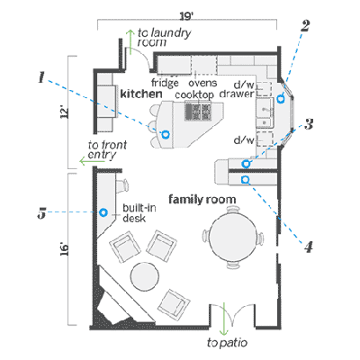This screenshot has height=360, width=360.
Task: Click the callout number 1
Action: click(x=41, y=77)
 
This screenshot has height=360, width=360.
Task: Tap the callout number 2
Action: click(x=304, y=26)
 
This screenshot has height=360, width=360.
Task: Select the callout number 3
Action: click(x=309, y=124)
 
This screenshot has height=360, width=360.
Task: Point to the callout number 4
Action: click(x=309, y=247)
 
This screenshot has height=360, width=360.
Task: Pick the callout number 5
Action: click(x=41, y=213)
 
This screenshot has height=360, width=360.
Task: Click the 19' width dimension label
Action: click(x=186, y=16)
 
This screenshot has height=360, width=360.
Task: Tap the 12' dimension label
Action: click(x=65, y=112)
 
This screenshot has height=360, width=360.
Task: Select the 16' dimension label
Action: click(x=65, y=249)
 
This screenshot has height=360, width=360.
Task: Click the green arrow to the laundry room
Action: click(x=130, y=42)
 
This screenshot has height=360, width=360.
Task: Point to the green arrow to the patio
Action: click(x=224, y=319)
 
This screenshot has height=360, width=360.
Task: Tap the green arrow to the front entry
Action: click(x=92, y=162)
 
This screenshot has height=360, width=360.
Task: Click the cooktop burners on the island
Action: click(x=198, y=112)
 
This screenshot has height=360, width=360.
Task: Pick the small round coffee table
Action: click(x=145, y=276)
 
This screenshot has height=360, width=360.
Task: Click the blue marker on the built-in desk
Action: click(x=103, y=212)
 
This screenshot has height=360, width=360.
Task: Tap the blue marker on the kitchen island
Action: click(x=165, y=134)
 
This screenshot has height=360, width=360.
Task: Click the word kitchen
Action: click(x=141, y=94)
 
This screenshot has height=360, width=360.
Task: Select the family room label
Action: click(x=202, y=200)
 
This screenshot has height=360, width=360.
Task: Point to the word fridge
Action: click(x=165, y=83)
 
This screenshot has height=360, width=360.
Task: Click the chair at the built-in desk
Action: click(x=122, y=186)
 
